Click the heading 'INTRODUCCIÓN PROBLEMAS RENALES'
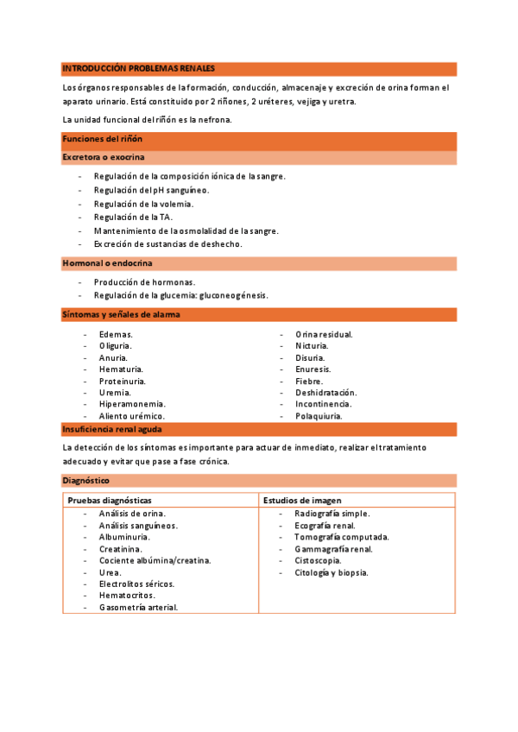coord(138,68)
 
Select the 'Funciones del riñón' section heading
coord(102,139)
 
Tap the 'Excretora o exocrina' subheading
coord(103,157)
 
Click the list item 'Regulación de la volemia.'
coord(143,204)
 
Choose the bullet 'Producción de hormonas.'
coord(144,282)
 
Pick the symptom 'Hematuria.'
coord(121,369)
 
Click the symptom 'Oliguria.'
coord(116,345)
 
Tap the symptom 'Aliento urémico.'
coord(132,415)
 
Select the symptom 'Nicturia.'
coord(313,345)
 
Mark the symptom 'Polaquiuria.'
coord(319,415)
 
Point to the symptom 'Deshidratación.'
coord(325,392)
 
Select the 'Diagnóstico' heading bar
coord(85,479)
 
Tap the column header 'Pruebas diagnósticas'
coord(110,500)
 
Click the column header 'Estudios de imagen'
coord(301,500)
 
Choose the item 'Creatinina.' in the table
coord(121,548)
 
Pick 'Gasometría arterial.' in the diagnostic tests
coord(138,607)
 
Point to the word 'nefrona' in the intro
coord(214,119)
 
